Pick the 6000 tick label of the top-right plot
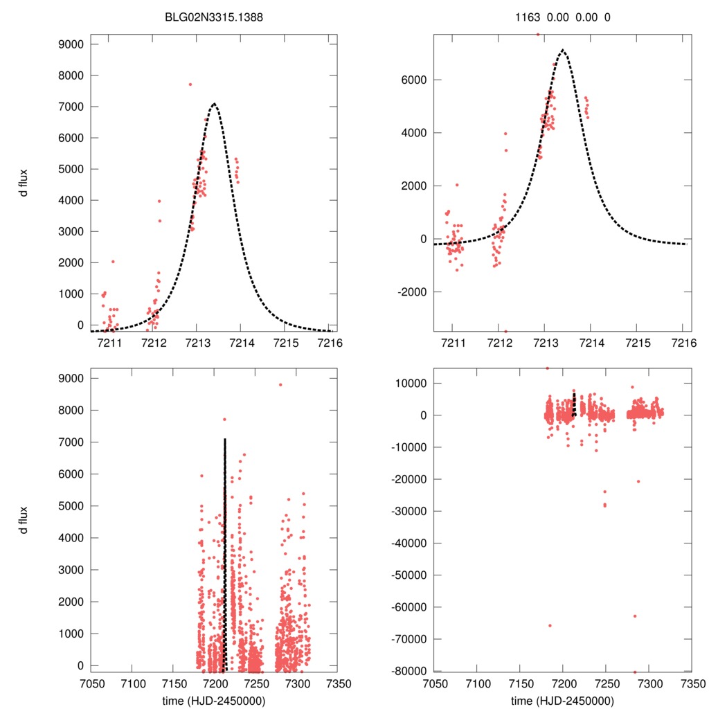pyautogui.click(x=414, y=80)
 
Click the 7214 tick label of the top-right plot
pyautogui.click(x=591, y=343)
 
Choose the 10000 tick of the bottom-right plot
pyautogui.click(x=409, y=384)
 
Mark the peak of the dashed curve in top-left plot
pyautogui.click(x=214, y=104)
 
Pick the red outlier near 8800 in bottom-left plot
pyautogui.click(x=280, y=385)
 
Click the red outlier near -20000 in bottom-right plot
pyautogui.click(x=638, y=481)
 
